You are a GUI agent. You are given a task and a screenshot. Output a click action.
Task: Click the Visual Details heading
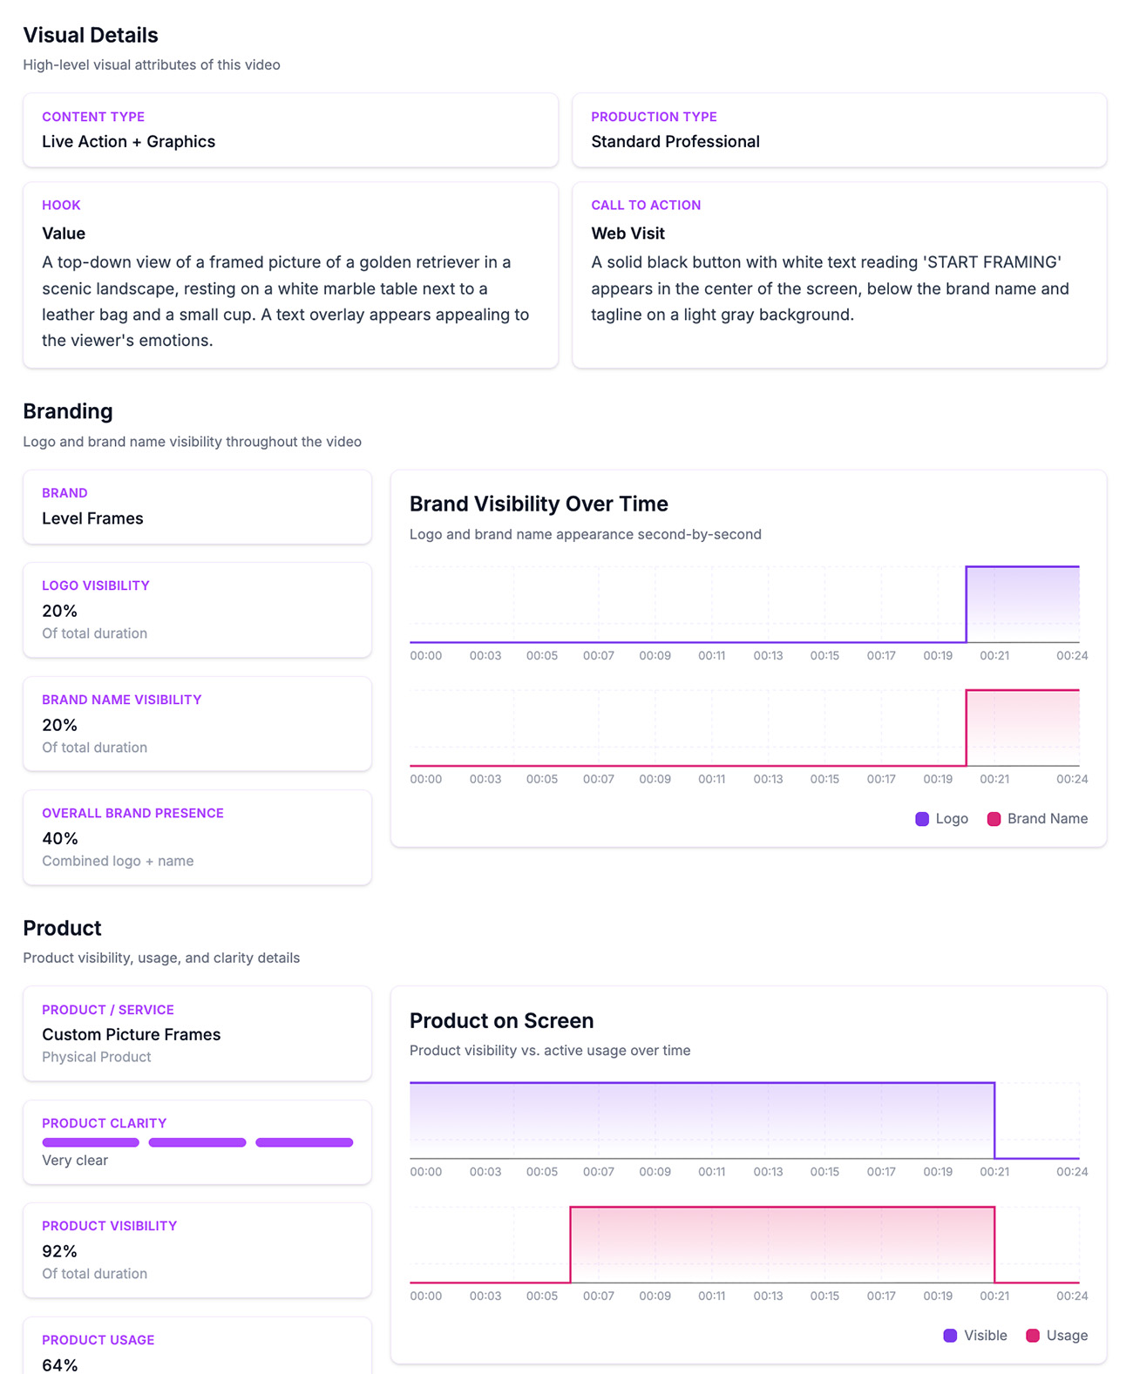click(90, 35)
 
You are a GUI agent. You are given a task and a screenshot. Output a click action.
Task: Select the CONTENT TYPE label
click(93, 117)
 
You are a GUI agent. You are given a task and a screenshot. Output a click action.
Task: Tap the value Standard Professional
click(675, 141)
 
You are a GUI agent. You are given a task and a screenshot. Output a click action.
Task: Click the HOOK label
click(61, 205)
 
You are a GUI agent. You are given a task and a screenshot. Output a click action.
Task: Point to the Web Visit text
click(628, 233)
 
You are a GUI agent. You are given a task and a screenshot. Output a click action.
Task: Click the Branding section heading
click(68, 411)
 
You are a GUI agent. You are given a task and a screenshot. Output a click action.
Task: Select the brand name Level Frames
click(92, 518)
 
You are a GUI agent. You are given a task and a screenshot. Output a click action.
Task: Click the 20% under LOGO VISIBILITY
click(59, 611)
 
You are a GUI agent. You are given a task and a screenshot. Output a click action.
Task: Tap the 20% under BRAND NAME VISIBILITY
click(59, 725)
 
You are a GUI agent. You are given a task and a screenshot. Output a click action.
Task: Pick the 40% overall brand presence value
click(60, 838)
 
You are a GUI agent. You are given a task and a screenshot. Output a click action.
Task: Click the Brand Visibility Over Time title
click(539, 504)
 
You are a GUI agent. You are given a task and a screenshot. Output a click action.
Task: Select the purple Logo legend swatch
click(922, 819)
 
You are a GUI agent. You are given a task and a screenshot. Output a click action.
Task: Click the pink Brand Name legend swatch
click(994, 819)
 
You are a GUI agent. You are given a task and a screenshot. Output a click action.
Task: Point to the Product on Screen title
click(501, 1020)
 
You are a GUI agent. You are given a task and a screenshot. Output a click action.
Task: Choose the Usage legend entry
click(1056, 1335)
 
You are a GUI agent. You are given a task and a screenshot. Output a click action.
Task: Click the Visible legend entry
click(975, 1335)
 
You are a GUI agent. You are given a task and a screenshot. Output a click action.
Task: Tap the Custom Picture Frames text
click(131, 1034)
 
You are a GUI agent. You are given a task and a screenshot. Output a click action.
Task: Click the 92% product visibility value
click(59, 1251)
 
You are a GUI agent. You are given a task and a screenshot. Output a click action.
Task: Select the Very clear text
click(75, 1161)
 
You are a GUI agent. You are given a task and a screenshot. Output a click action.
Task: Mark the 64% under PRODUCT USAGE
click(59, 1364)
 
